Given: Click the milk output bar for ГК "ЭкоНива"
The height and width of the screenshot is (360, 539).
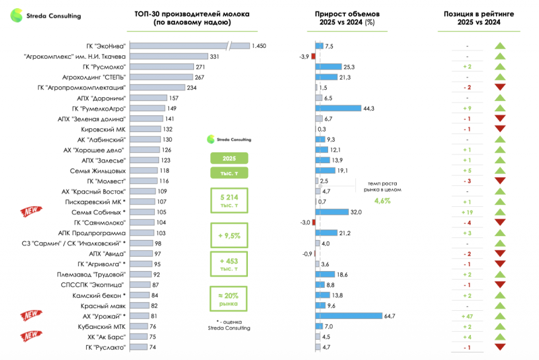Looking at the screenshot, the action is pos(190,46).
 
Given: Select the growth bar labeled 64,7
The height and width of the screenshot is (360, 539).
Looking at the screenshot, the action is pos(349,316).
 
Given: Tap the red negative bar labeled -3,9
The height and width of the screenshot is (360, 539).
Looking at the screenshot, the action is pos(313,57).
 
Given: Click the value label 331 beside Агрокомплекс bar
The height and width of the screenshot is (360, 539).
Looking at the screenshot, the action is pos(214,57).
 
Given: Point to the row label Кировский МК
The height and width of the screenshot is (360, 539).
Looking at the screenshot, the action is pos(103,129).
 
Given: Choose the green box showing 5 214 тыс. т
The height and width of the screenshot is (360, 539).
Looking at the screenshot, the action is pos(229,200).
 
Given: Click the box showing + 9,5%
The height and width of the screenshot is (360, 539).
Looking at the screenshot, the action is pos(229,235).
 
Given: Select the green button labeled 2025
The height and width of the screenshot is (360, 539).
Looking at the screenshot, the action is pos(229,158).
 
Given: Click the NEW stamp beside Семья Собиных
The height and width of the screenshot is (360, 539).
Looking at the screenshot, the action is pos(31,211).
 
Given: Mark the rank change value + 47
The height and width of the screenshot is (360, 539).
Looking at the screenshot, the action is pos(467,316).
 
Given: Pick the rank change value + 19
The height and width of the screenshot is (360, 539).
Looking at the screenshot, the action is pos(467,212).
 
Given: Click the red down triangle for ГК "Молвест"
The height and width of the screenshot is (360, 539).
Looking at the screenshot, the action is pos(500,181).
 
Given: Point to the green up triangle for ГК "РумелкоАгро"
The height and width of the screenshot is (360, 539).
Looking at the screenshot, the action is pos(500,108).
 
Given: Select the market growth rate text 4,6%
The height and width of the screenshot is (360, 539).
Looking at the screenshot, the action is pos(383,201).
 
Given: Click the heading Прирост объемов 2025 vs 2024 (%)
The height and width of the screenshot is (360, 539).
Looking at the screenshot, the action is pos(347,18).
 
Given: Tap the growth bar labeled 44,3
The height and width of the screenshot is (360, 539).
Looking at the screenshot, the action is pos(338,109).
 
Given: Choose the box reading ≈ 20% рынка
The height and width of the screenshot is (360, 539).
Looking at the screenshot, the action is pos(228,299).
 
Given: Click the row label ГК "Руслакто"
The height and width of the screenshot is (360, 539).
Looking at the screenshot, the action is pos(106,348).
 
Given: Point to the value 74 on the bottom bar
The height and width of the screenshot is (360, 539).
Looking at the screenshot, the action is pos(153,347).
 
